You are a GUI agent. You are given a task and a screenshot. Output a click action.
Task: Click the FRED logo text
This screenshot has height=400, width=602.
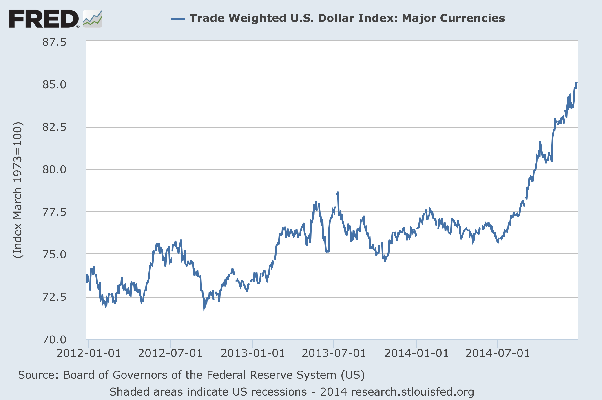(x=44, y=19)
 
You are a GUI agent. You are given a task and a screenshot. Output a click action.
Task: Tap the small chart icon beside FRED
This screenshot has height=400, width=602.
(x=93, y=19)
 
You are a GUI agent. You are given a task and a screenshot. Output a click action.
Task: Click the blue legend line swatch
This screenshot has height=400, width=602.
(x=178, y=19)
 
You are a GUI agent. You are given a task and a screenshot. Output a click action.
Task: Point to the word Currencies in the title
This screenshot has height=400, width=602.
(x=453, y=18)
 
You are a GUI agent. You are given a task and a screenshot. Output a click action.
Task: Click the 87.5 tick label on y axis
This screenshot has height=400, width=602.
(x=54, y=42)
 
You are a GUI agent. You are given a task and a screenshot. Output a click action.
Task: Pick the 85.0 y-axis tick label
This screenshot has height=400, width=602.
(x=54, y=85)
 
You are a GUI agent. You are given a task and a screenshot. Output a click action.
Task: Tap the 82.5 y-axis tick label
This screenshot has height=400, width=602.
(x=54, y=127)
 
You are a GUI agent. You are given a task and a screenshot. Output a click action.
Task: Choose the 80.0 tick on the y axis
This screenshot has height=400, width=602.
(x=54, y=169)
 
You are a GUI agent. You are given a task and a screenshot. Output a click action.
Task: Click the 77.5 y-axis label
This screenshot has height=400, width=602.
(x=54, y=212)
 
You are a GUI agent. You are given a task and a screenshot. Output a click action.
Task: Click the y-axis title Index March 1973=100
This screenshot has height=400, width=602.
(x=18, y=190)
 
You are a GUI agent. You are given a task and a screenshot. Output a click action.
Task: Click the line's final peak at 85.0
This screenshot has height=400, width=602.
(x=576, y=83)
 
